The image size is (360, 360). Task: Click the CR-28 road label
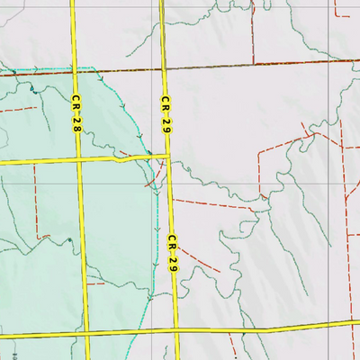[x=76, y=115]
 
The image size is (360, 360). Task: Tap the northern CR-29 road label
[x=166, y=116]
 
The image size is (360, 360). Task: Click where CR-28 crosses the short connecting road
[x=80, y=160]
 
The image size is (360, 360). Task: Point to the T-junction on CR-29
[x=168, y=157]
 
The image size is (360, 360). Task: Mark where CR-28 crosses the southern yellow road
[x=89, y=333]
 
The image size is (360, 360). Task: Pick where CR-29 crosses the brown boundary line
[x=163, y=67]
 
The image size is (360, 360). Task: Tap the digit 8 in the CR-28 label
[x=78, y=130]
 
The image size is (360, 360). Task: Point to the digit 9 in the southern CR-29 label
[x=175, y=267]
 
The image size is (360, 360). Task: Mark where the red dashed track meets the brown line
[x=253, y=63]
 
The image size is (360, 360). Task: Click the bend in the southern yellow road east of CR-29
[x=270, y=329]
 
